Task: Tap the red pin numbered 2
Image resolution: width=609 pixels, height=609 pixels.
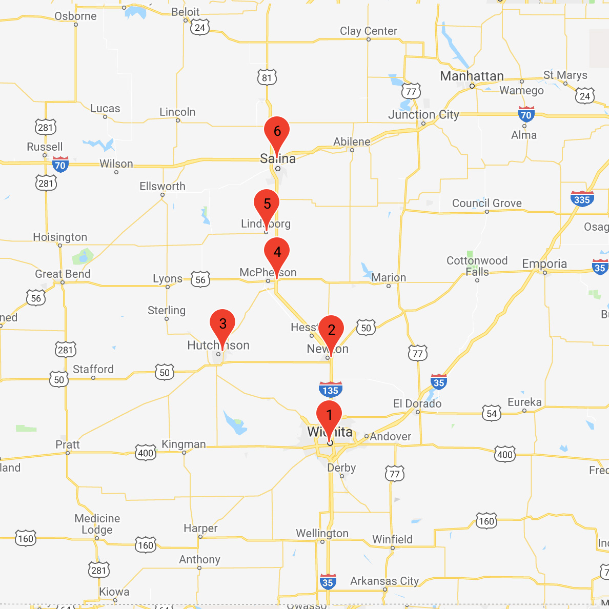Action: pyautogui.click(x=331, y=331)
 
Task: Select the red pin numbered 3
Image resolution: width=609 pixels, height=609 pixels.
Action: pyautogui.click(x=222, y=324)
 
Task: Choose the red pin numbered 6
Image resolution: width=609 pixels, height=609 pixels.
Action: pyautogui.click(x=277, y=132)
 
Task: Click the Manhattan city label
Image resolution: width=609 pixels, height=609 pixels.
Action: pyautogui.click(x=472, y=76)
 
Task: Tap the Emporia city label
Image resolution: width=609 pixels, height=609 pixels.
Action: pyautogui.click(x=544, y=264)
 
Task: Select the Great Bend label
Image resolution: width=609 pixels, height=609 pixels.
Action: pyautogui.click(x=63, y=274)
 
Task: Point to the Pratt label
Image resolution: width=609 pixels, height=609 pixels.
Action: pyautogui.click(x=68, y=444)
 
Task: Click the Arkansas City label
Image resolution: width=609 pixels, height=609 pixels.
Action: pyautogui.click(x=384, y=581)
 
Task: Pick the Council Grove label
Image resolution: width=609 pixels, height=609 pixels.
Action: pyautogui.click(x=487, y=204)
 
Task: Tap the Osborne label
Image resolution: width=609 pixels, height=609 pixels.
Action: pyautogui.click(x=75, y=16)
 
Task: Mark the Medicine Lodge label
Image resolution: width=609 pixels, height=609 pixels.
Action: pyautogui.click(x=97, y=524)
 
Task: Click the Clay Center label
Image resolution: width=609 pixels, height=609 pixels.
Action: pyautogui.click(x=369, y=31)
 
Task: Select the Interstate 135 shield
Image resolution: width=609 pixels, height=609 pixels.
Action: pyautogui.click(x=331, y=390)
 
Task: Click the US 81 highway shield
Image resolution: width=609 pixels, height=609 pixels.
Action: pyautogui.click(x=267, y=77)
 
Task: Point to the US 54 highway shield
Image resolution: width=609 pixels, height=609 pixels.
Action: pyautogui.click(x=492, y=413)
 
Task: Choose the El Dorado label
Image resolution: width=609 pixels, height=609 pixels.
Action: pyautogui.click(x=417, y=404)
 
